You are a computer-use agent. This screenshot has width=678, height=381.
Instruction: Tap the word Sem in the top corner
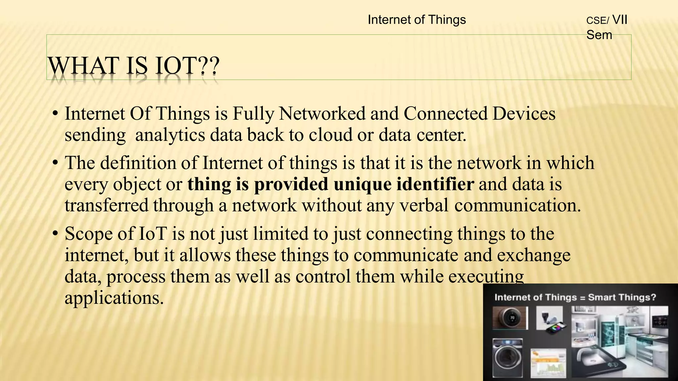599,35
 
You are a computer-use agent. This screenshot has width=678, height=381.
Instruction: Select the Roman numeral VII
620,20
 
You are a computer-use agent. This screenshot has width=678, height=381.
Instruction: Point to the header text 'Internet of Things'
416,20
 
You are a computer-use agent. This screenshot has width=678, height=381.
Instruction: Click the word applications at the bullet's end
114,298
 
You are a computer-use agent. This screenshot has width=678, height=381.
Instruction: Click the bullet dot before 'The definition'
55,163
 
